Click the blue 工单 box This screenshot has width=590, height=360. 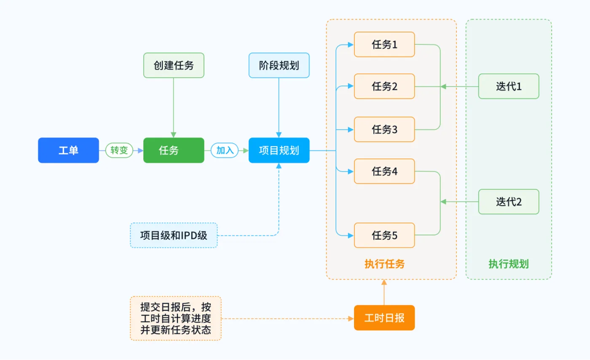68,150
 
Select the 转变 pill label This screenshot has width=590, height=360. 119,150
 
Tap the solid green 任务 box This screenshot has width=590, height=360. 174,150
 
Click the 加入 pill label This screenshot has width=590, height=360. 225,150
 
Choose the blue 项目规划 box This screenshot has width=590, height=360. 279,150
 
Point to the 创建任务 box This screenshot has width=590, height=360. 174,65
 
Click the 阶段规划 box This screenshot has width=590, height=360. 279,65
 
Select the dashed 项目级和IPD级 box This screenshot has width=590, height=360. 174,235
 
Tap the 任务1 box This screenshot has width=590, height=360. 384,44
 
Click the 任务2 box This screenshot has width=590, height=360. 384,86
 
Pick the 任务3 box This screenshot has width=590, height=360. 384,129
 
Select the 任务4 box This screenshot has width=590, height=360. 384,171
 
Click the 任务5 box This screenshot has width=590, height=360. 384,235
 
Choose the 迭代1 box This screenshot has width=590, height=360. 509,86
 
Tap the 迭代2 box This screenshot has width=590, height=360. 509,201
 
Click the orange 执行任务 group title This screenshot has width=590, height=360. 384,264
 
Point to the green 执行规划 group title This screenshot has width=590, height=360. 509,264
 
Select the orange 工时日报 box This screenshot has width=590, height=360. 384,318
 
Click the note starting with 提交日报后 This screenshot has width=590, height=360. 176,318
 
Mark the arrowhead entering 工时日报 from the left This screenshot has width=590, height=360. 351,318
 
